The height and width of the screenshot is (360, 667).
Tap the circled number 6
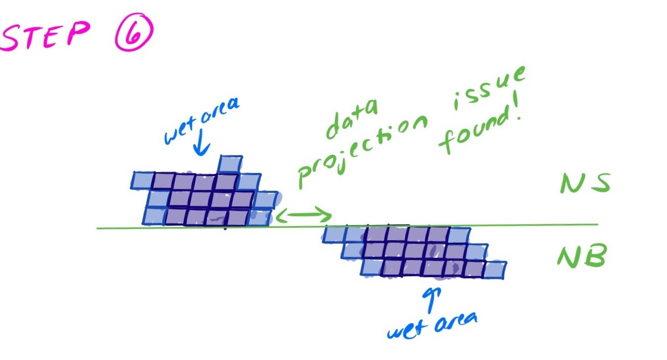(134, 32)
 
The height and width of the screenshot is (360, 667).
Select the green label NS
(585, 183)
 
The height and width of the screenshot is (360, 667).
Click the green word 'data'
(351, 119)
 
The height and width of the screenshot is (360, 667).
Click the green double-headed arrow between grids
(304, 215)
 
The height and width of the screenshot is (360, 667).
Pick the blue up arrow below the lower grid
(431, 300)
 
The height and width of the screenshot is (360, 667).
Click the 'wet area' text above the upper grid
(202, 121)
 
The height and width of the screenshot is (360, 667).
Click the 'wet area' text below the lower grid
(432, 326)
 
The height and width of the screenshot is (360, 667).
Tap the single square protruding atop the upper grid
(231, 164)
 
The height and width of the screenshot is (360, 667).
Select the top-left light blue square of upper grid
(142, 181)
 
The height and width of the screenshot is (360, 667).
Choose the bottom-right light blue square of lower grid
(494, 270)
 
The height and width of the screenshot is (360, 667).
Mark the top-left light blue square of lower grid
(334, 234)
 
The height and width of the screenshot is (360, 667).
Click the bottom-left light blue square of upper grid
(154, 216)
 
